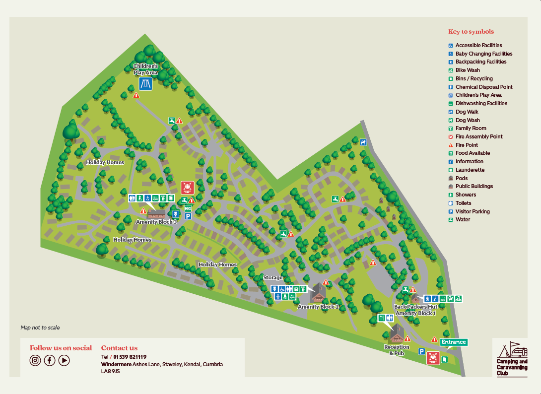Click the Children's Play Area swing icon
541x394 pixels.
(145, 84)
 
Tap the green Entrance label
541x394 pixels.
(454, 342)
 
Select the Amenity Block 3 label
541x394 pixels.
(156, 222)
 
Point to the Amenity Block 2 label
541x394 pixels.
(318, 307)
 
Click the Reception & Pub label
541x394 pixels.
(397, 350)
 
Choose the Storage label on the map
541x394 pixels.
(272, 277)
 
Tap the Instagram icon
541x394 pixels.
(35, 361)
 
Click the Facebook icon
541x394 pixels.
(50, 361)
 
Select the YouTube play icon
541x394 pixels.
(64, 361)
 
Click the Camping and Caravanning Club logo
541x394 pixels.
(512, 358)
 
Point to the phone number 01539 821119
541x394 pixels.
(130, 357)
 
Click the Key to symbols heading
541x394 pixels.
(471, 32)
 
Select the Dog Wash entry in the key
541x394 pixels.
(468, 120)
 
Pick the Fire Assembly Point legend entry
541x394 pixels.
(479, 136)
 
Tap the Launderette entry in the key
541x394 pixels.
(470, 170)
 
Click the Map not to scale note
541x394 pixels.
(40, 328)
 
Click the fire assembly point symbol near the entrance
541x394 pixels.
(433, 358)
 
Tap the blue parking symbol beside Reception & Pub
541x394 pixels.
(421, 351)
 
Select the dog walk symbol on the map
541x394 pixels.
(363, 142)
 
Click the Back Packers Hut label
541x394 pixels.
(415, 307)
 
